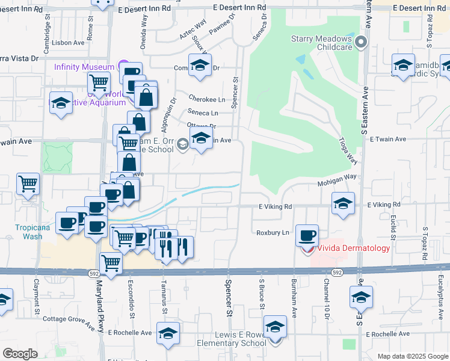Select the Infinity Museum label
84,66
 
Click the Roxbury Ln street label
273,232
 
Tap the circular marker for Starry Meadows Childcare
361,42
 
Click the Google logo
20,354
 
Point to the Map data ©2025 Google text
412,356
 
